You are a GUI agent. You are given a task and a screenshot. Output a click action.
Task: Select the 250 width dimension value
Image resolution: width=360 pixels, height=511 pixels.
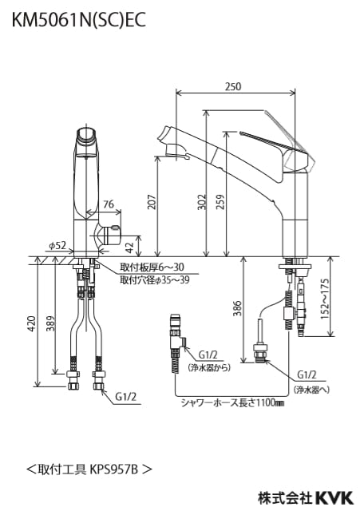click(x=233, y=86)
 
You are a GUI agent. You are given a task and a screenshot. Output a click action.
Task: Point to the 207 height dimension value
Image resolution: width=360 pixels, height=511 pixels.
click(x=152, y=202)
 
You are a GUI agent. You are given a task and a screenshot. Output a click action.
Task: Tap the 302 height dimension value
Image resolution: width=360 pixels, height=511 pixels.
click(x=202, y=202)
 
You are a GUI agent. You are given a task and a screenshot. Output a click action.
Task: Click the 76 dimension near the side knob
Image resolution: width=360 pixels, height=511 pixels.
click(x=109, y=204)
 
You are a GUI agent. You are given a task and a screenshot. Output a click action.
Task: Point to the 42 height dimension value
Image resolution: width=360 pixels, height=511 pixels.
click(x=130, y=247)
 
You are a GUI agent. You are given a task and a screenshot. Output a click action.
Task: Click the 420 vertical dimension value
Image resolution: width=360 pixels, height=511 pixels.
click(x=31, y=323)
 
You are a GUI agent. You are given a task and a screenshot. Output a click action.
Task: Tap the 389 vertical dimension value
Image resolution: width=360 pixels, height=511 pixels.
click(x=49, y=323)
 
